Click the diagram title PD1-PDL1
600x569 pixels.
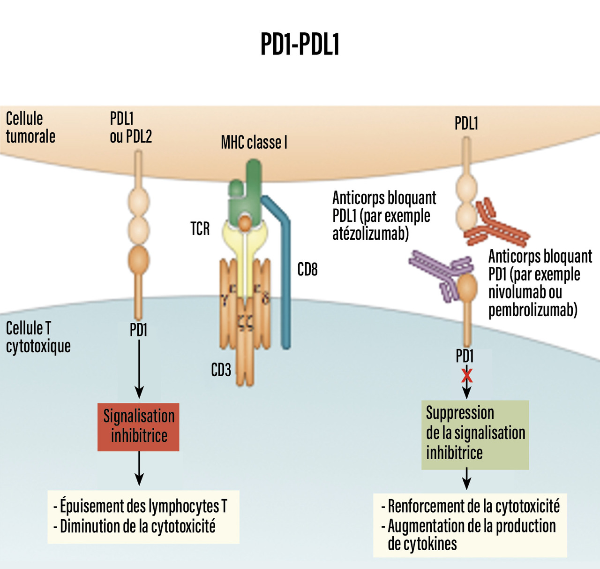[x=300, y=45]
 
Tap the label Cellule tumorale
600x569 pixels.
[x=30, y=128]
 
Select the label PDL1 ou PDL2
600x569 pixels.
[x=131, y=128]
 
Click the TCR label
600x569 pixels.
[x=200, y=229]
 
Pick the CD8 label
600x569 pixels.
[x=307, y=270]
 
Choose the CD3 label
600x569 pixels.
[x=221, y=370]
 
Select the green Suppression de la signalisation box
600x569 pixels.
[x=475, y=434]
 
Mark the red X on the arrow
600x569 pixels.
[x=467, y=376]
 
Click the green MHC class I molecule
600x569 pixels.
[x=245, y=192]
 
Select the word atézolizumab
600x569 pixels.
[x=370, y=233]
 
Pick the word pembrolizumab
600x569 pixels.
[x=532, y=310]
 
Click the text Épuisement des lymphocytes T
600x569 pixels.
[x=143, y=507]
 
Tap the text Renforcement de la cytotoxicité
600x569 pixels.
[x=473, y=507]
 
